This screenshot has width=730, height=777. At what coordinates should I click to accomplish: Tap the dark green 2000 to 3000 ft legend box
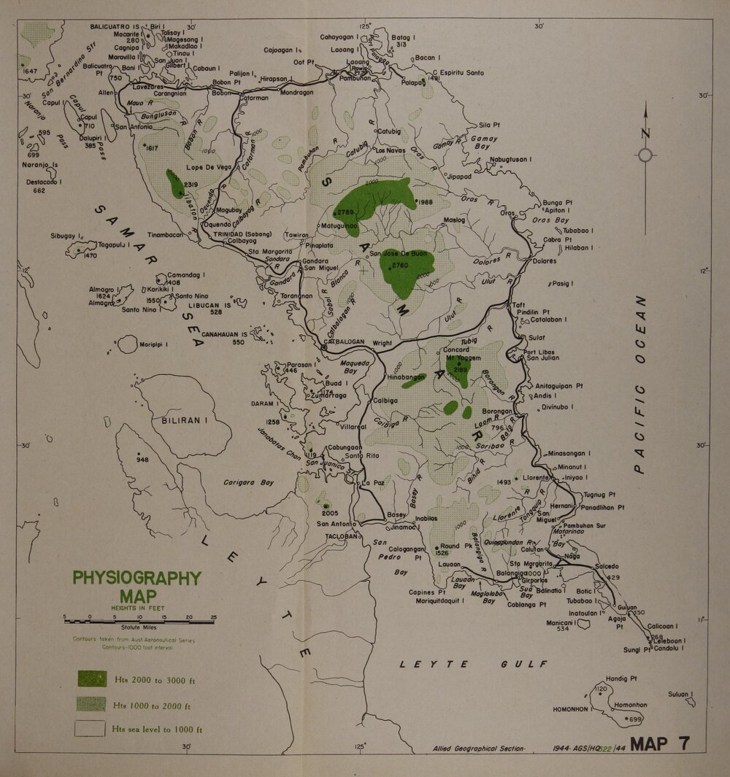[x=93, y=679]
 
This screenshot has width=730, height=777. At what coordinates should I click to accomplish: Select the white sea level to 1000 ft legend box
[x=93, y=727]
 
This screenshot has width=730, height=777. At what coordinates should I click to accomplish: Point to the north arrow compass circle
[x=645, y=154]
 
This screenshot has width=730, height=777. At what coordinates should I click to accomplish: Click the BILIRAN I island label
[x=180, y=421]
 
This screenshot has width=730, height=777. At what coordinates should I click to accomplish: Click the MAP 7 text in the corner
[x=659, y=745]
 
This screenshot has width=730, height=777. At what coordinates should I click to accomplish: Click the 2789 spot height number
[x=346, y=212]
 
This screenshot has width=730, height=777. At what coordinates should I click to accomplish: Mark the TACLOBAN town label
[x=337, y=536]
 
